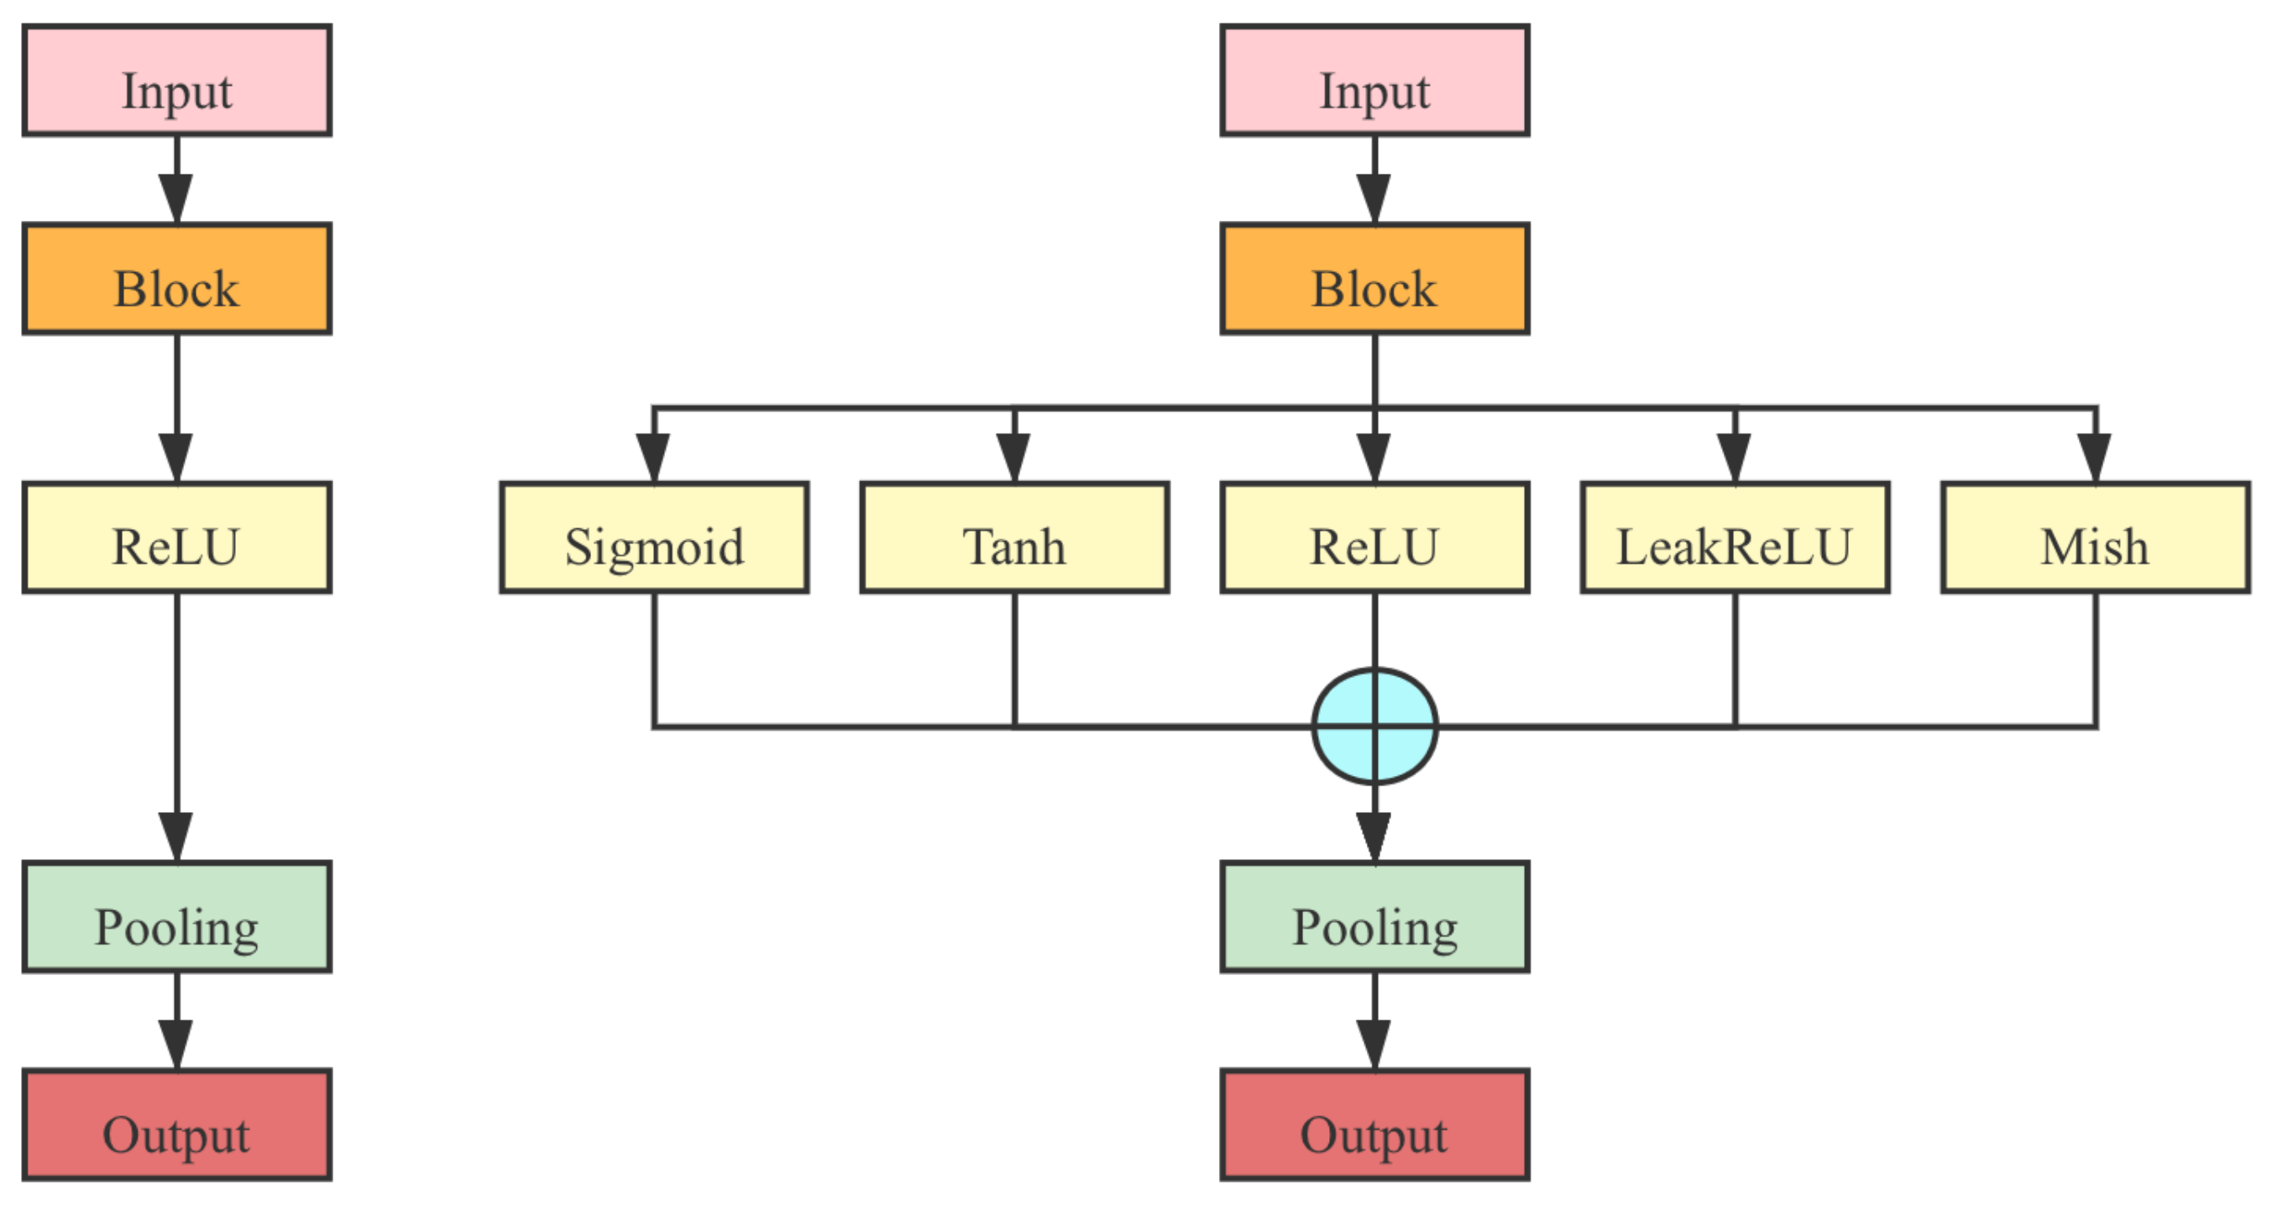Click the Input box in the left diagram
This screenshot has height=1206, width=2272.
(176, 81)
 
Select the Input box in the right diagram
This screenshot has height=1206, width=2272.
(1374, 81)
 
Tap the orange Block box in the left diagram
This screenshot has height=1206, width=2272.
(176, 279)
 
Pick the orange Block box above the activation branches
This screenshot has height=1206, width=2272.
(1374, 279)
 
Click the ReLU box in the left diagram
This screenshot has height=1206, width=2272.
(176, 537)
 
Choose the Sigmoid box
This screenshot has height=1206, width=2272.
(653, 537)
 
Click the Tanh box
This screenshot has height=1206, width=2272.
(1014, 537)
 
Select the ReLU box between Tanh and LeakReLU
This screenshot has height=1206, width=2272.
(1374, 537)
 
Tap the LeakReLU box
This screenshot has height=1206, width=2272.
(1735, 537)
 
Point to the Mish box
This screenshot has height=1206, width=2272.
(2095, 537)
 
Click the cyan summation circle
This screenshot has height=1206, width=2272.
(1374, 726)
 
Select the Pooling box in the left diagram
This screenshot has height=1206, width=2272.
(176, 916)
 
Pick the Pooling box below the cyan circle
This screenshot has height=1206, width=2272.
(1374, 916)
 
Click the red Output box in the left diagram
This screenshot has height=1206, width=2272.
(176, 1125)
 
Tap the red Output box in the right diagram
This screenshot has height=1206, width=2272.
(1374, 1125)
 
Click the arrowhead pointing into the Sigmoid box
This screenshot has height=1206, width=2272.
(653, 458)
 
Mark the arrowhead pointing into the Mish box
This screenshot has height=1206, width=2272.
(2095, 458)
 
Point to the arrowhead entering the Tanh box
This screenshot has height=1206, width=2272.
(1014, 458)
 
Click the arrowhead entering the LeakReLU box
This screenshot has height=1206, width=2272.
(1735, 458)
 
